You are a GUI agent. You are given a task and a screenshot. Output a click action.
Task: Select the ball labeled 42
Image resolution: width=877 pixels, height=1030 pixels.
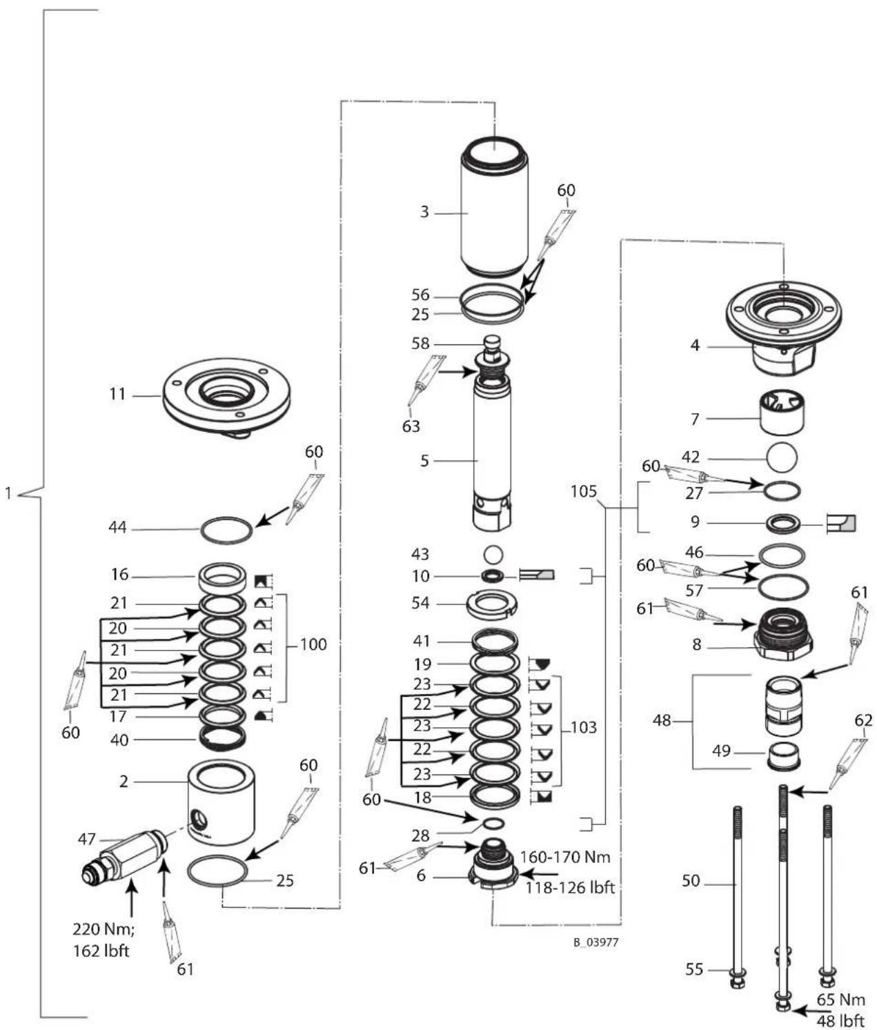coord(781,457)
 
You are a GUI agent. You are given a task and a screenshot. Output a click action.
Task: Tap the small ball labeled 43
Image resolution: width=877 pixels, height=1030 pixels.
coord(493,553)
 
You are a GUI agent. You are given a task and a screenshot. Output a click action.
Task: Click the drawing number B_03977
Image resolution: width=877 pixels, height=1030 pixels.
coord(595,942)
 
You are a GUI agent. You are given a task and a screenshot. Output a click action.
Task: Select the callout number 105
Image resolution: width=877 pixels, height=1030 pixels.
coord(584,491)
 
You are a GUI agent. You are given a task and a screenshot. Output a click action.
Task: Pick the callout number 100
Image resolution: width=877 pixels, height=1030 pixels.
coord(313,644)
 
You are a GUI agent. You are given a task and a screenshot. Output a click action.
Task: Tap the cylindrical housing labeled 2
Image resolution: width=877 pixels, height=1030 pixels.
coord(221,802)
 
